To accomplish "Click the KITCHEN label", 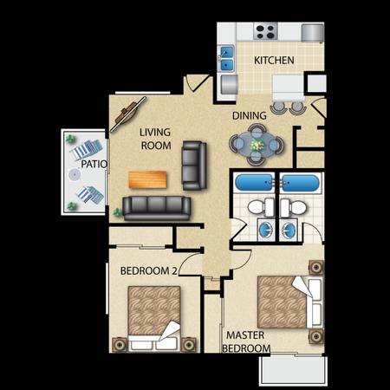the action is click(x=274, y=60).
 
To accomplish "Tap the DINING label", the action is click(x=250, y=115).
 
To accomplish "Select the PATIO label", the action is click(x=94, y=164).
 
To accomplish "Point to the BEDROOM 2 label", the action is click(x=148, y=271).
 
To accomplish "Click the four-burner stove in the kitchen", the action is click(x=265, y=32).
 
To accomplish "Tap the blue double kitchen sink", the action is click(x=227, y=59).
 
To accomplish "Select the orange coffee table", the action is click(x=147, y=179).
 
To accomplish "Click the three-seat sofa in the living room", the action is click(x=157, y=208).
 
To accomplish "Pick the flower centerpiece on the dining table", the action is click(x=257, y=145).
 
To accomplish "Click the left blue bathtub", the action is click(x=254, y=183).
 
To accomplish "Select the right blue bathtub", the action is click(x=300, y=183).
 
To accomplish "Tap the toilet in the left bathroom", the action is click(x=261, y=207).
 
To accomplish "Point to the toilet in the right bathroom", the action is click(x=294, y=207).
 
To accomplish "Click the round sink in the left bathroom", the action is click(x=265, y=230).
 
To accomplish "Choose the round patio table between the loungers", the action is click(x=75, y=174).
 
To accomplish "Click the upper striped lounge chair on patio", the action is click(x=87, y=149).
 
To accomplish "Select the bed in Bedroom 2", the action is click(x=154, y=318).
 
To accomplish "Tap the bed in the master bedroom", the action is click(x=289, y=302).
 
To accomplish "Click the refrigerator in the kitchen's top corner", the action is click(x=312, y=33).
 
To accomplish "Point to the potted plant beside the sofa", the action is click(x=118, y=213).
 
